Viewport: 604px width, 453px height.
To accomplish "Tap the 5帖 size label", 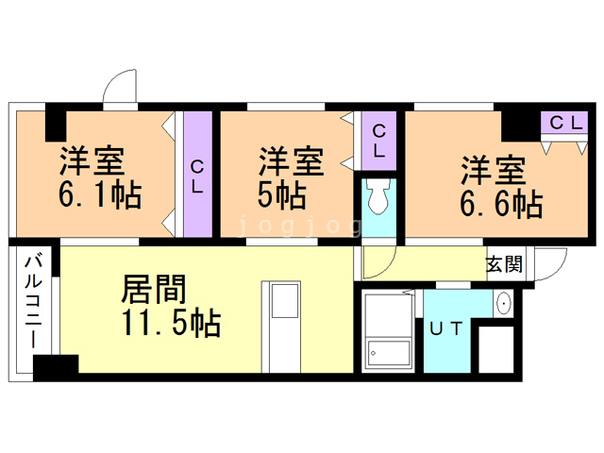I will [x=281, y=196].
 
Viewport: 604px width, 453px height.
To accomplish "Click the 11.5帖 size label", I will [x=170, y=324].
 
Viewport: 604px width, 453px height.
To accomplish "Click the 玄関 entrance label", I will [x=504, y=263].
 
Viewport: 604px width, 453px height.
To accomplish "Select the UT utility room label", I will [x=446, y=328].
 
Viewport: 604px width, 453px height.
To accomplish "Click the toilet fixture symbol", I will [x=379, y=199].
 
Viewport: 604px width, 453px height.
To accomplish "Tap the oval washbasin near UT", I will [x=503, y=303].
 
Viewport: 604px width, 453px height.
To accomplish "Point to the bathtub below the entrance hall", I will [x=388, y=332].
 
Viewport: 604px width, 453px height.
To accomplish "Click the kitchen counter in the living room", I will [x=282, y=326].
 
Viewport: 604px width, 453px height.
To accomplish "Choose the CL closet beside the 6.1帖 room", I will [x=196, y=176].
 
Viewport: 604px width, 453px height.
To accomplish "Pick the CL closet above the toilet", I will [x=377, y=141].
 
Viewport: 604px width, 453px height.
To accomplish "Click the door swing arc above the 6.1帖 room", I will [x=120, y=87].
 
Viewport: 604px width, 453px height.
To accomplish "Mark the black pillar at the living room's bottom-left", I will [x=56, y=366].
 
